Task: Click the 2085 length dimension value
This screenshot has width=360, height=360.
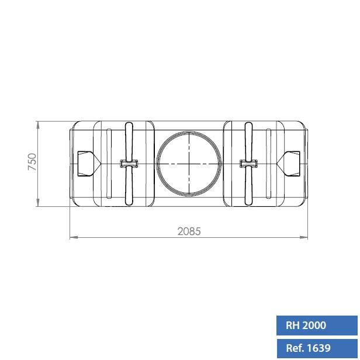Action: coord(189,231)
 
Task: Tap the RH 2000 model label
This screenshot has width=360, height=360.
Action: coord(306,326)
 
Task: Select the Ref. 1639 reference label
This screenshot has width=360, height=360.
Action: coord(308,348)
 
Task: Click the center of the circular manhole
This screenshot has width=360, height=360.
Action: coord(189,164)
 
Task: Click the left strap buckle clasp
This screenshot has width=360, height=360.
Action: coord(129,164)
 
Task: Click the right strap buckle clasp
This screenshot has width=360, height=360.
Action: coord(249,164)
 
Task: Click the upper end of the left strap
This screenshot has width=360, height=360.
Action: coord(129,126)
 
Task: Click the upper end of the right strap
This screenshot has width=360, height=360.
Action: coord(249,126)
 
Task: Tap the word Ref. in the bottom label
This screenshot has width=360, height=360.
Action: coord(294,348)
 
